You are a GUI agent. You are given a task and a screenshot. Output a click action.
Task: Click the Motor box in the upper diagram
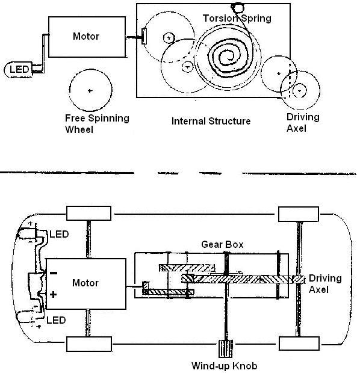(x=87, y=37)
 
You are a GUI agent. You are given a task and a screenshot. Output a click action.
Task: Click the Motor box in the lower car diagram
(x=85, y=284)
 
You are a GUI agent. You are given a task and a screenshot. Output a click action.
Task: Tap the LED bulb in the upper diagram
(x=18, y=69)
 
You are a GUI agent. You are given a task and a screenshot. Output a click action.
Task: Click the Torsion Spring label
(x=237, y=18)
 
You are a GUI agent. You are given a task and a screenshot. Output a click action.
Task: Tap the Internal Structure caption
(x=211, y=121)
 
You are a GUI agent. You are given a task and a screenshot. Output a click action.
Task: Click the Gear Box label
(x=222, y=244)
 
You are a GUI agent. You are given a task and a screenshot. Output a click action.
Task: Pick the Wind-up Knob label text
(x=225, y=366)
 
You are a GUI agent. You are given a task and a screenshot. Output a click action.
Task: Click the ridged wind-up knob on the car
(x=225, y=349)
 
